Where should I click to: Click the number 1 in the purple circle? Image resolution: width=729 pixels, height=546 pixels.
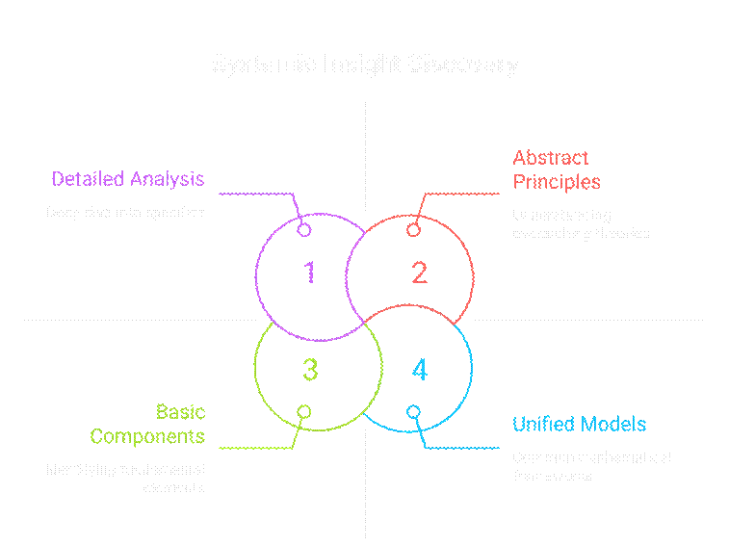[309, 273]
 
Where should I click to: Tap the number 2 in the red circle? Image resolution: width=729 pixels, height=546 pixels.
[419, 273]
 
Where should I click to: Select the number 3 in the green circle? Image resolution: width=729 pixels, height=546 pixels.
[309, 369]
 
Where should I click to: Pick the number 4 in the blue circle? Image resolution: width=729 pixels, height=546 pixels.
[419, 369]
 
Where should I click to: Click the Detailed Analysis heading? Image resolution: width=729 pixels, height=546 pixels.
[127, 179]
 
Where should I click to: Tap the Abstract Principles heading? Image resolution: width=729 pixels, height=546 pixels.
[556, 169]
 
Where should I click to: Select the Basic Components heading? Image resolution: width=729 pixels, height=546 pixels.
[147, 425]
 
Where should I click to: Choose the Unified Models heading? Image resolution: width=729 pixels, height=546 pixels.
[579, 425]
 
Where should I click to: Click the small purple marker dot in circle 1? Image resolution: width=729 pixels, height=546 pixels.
[304, 230]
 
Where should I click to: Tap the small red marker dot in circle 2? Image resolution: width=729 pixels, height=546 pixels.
[413, 230]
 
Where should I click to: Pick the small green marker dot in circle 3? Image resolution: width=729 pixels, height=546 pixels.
[304, 411]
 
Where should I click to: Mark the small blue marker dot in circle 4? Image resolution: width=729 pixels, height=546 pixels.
[413, 411]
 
